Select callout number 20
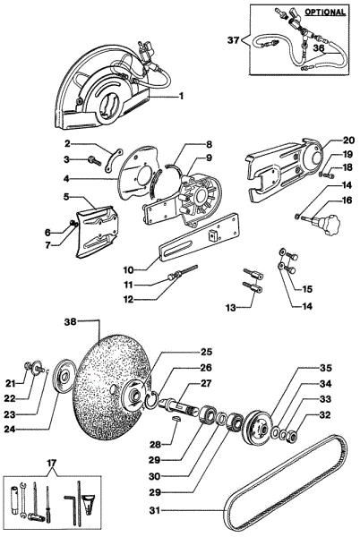pos(324,140)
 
